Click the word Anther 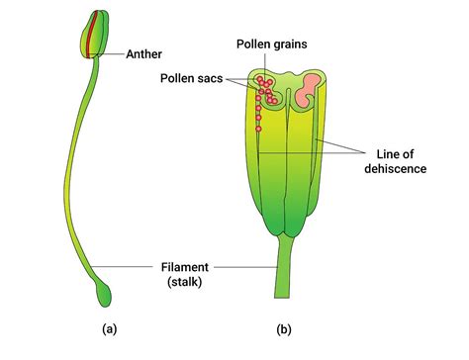tap(145, 54)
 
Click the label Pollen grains tap(270, 44)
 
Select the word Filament tap(187, 266)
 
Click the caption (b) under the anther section tap(286, 327)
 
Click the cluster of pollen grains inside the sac tap(265, 90)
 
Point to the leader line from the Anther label tap(112, 54)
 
